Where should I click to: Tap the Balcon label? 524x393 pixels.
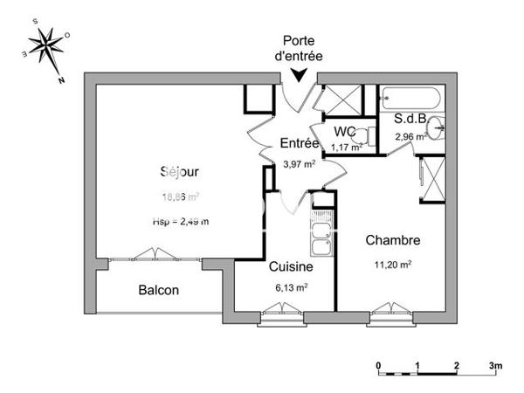pyautogui.click(x=158, y=291)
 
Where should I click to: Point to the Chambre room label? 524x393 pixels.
pyautogui.click(x=393, y=240)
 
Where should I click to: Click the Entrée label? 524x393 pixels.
pyautogui.click(x=300, y=143)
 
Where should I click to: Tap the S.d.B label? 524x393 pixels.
pyautogui.click(x=409, y=120)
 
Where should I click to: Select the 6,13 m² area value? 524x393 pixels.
pyautogui.click(x=289, y=286)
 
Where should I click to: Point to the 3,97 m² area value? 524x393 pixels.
pyautogui.click(x=298, y=164)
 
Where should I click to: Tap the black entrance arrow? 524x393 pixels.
pyautogui.click(x=300, y=77)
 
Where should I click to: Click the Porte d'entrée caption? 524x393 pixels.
pyautogui.click(x=299, y=49)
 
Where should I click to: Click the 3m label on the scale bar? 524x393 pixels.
pyautogui.click(x=494, y=364)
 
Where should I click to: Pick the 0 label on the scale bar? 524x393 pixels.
pyautogui.click(x=378, y=364)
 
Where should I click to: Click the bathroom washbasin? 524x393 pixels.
pyautogui.click(x=438, y=129)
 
